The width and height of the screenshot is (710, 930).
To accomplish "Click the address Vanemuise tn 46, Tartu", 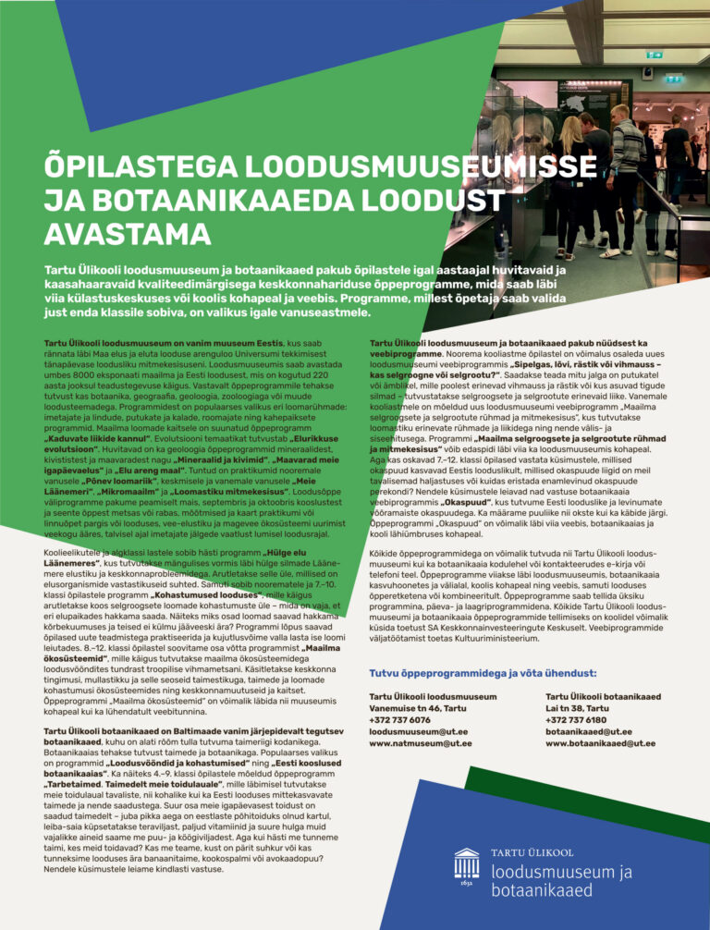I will (418, 707).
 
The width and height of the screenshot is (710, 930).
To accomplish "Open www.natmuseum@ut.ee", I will (421, 742).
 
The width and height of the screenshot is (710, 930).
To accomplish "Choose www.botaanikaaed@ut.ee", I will (600, 742).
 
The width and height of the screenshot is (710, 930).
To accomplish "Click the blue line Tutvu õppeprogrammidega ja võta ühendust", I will (482, 672).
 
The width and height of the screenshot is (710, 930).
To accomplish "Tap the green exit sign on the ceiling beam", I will (655, 55).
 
